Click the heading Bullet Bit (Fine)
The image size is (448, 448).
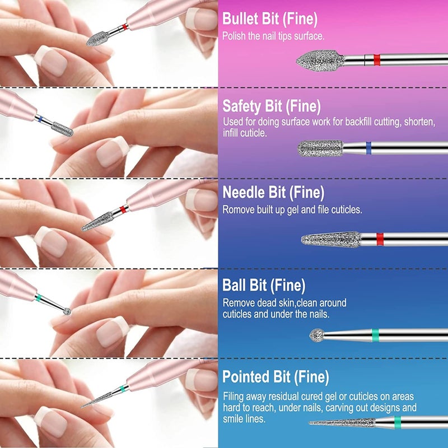[x=270, y=19]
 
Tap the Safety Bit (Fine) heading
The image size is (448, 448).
[x=272, y=106]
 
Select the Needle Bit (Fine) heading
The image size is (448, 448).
[x=273, y=193]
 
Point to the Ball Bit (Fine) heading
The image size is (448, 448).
[x=264, y=286]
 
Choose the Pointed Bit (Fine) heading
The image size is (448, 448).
[x=276, y=376]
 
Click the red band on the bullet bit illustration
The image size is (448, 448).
[x=376, y=60]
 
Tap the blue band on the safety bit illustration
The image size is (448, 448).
[x=368, y=148]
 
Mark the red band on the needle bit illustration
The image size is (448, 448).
[x=379, y=239]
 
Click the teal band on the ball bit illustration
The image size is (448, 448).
[x=375, y=335]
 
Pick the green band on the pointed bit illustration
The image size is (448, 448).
[x=397, y=422]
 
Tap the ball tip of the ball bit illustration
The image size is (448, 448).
[x=317, y=335]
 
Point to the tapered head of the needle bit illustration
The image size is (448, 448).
[x=330, y=240]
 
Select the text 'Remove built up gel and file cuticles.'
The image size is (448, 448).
[x=292, y=210]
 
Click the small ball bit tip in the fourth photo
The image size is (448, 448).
[x=67, y=310]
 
